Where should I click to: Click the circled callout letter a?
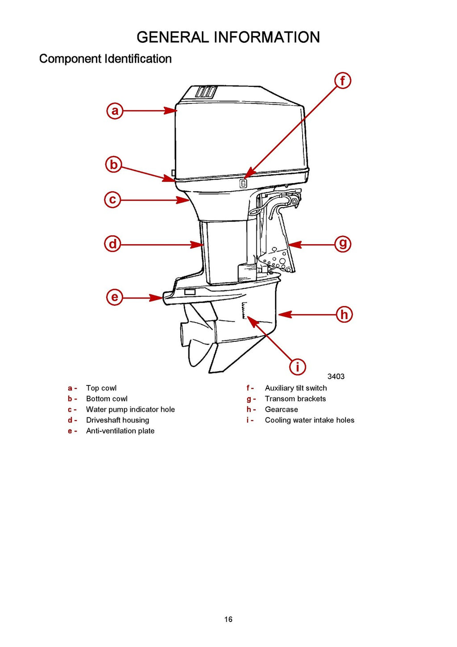[115, 111]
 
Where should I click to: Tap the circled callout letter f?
[343, 81]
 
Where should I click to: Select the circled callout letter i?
[298, 367]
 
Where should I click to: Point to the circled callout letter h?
[344, 315]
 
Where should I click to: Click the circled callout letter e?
[115, 297]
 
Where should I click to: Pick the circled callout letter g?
[343, 244]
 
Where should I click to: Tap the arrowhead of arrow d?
[198, 245]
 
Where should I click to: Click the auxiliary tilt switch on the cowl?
[243, 183]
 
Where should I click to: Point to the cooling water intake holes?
[244, 311]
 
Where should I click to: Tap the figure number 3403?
[336, 377]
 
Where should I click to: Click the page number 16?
[228, 619]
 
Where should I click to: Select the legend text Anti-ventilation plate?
[120, 431]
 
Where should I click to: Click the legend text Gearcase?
[281, 409]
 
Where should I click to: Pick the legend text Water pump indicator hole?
[130, 409]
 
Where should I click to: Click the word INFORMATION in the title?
[267, 37]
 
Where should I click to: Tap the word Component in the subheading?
[70, 59]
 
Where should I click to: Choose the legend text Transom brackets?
[295, 399]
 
